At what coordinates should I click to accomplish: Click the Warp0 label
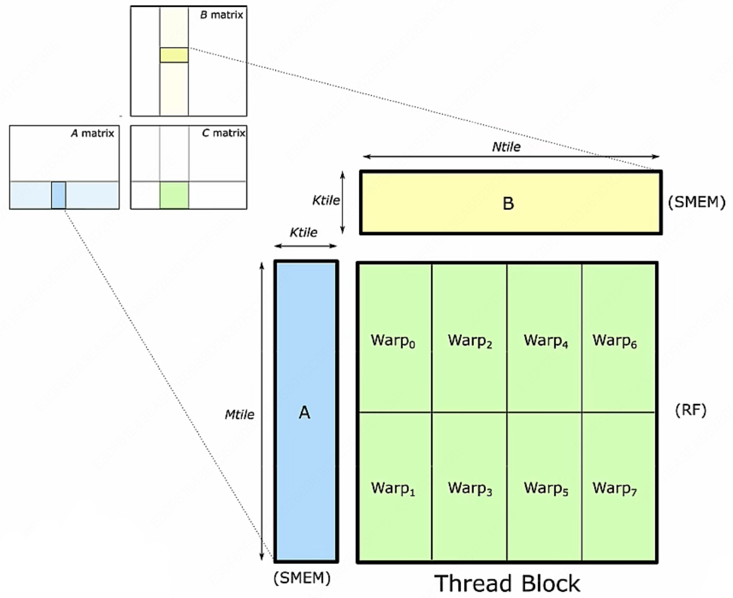393,341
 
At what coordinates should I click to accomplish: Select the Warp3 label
470,488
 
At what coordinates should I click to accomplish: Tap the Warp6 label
615,341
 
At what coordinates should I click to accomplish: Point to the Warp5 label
546,488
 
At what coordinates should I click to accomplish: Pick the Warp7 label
615,488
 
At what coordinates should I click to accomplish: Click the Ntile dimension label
506,147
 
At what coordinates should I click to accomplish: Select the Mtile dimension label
239,414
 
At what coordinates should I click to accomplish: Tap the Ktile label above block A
304,232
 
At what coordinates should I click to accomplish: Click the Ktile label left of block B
326,200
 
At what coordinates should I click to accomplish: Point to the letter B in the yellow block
508,204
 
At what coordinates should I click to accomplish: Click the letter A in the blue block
304,412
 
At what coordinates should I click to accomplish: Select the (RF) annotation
690,410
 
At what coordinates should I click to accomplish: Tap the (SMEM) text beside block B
697,202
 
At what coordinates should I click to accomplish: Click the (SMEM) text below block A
302,578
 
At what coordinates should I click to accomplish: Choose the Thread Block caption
507,583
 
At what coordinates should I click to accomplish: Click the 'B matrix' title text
221,15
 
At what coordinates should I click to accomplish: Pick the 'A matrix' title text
92,133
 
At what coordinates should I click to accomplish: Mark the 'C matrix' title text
223,133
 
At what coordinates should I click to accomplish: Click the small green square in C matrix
174,195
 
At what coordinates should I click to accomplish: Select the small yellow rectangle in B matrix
174,55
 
